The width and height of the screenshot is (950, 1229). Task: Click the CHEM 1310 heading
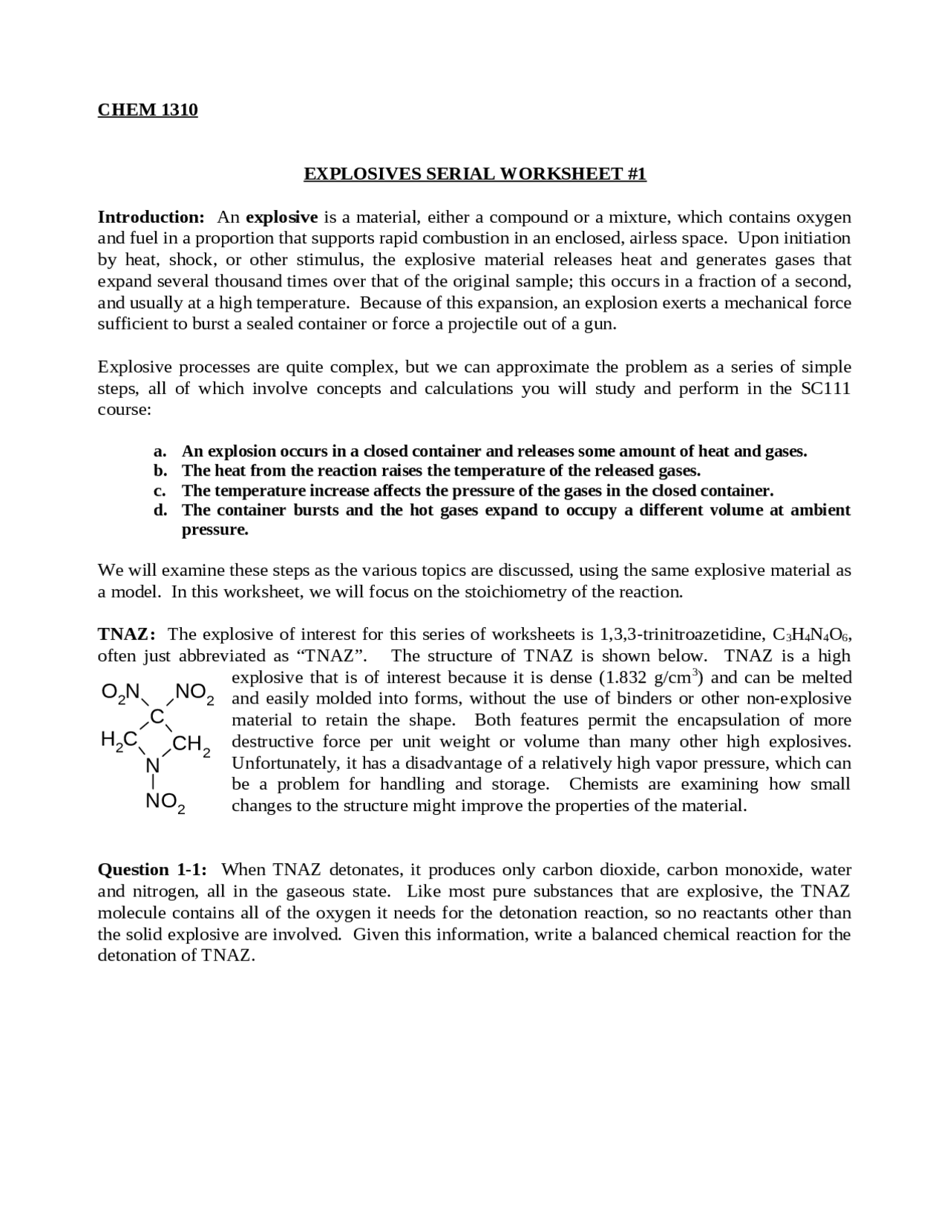(148, 110)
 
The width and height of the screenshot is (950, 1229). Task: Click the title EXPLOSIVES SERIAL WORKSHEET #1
(475, 174)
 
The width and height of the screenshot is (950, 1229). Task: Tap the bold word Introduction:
(151, 217)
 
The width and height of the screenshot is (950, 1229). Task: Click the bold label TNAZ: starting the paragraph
(127, 634)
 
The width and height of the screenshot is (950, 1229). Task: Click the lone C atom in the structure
(157, 716)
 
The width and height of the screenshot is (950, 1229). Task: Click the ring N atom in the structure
(153, 765)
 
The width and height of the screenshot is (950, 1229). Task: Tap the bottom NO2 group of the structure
(166, 802)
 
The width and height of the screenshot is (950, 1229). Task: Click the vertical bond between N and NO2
(153, 782)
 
